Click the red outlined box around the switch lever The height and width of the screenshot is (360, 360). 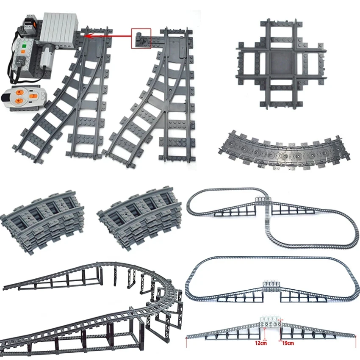click(x=141, y=39)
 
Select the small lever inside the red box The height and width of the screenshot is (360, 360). click(x=140, y=39)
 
